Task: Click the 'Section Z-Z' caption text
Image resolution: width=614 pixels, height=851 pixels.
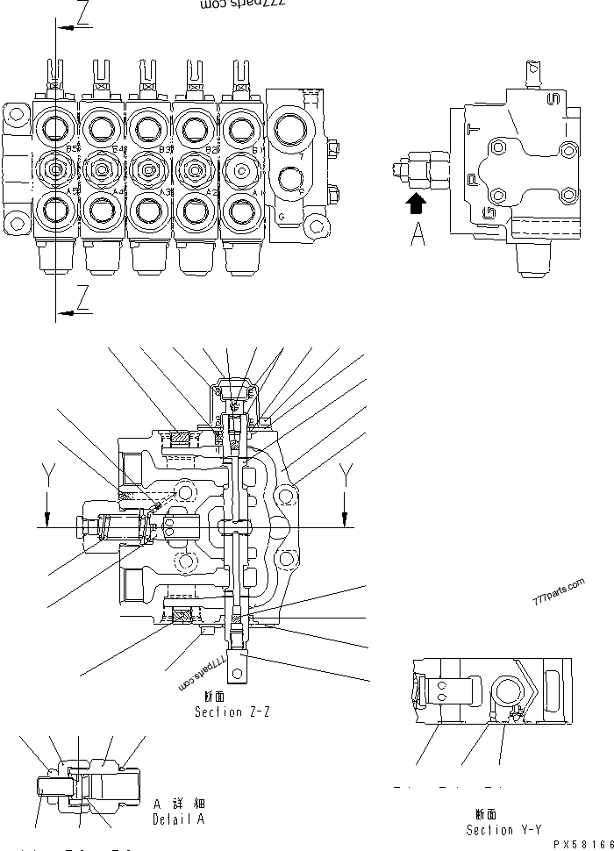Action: click(232, 712)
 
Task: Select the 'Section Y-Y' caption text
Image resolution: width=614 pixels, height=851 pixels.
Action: click(503, 829)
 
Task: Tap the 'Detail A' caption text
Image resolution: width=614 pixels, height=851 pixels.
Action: click(178, 819)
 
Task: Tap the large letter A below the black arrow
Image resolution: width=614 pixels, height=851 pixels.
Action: click(418, 234)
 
